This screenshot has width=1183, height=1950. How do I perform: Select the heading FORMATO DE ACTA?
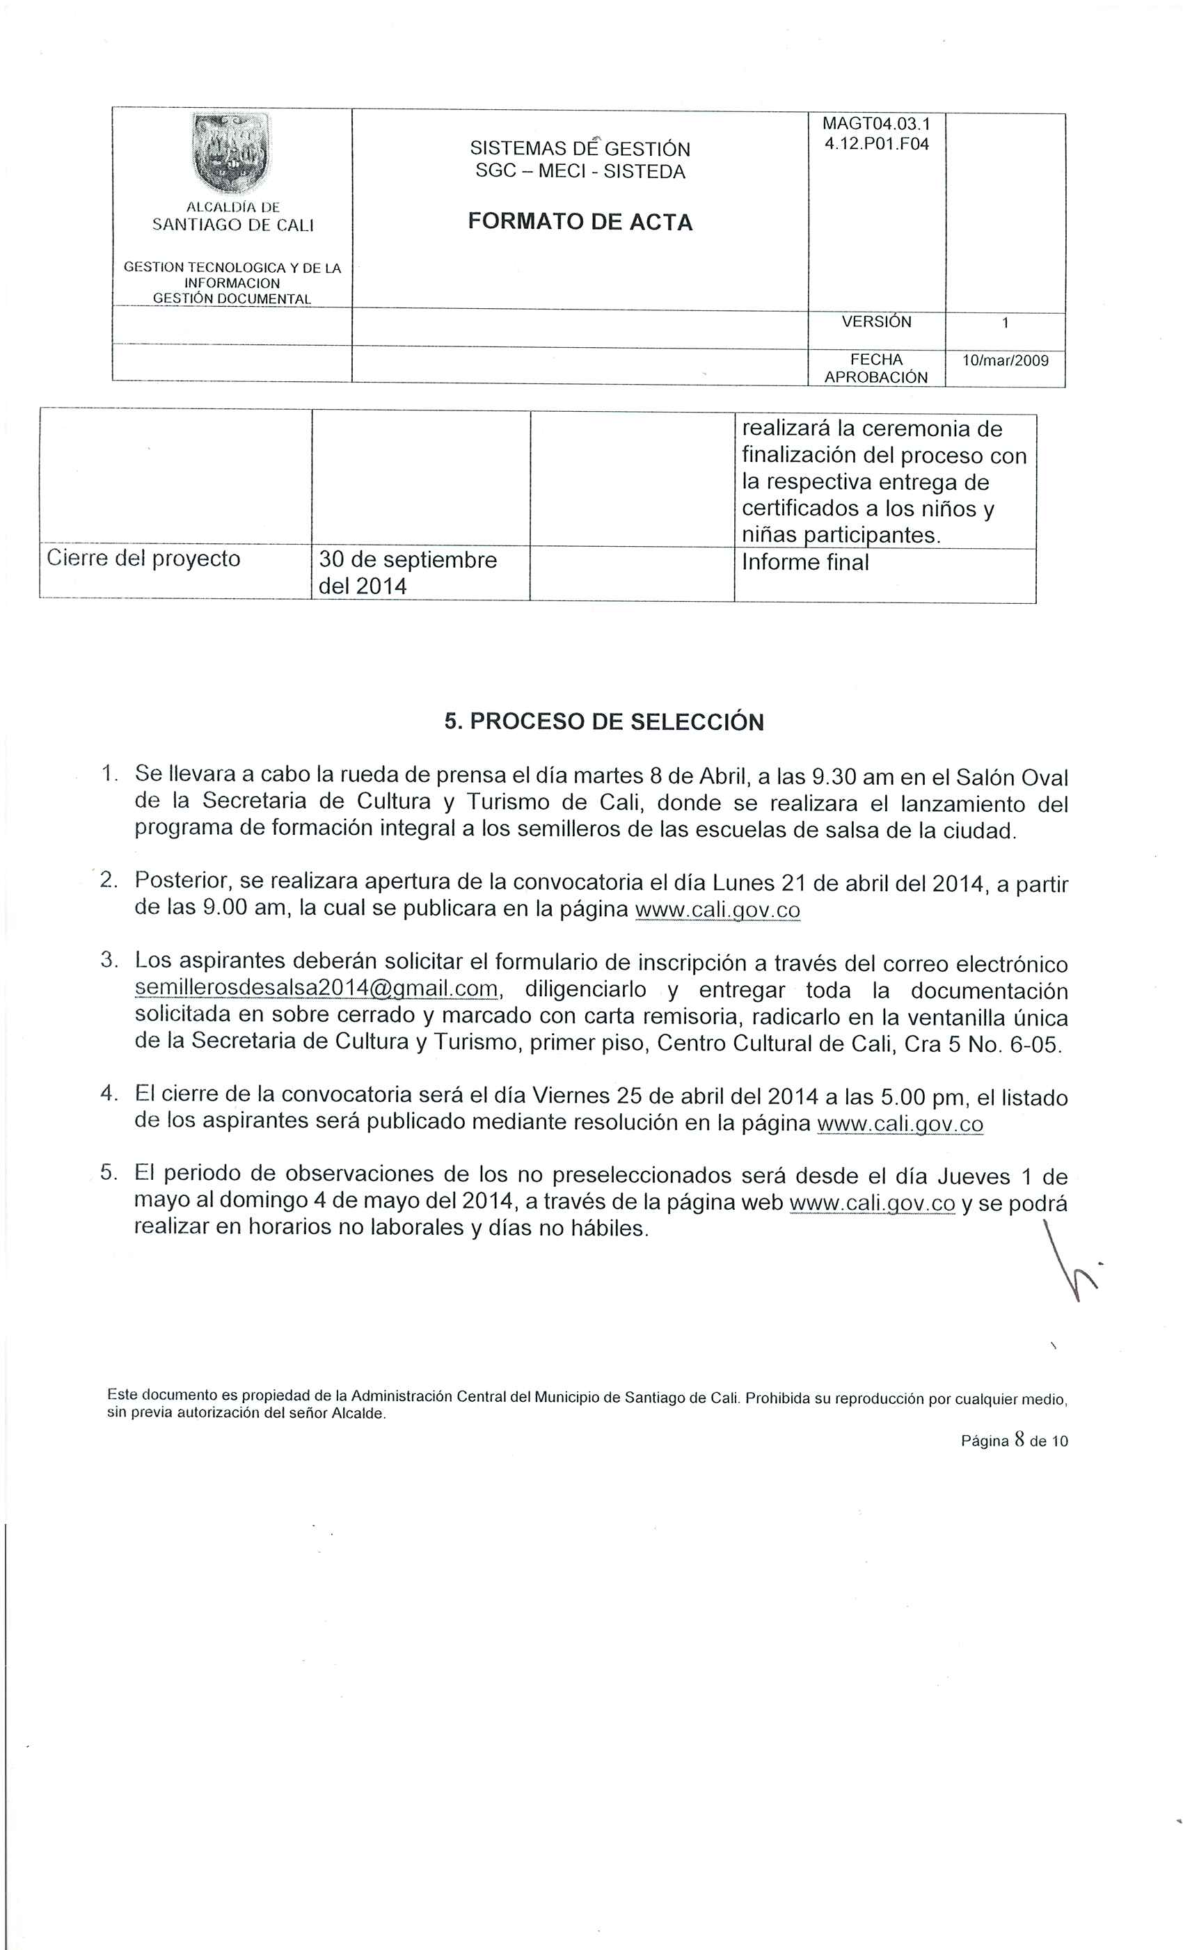tap(580, 223)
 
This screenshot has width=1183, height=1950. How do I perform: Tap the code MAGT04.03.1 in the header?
tap(876, 125)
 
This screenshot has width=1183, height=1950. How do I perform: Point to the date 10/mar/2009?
tap(1005, 361)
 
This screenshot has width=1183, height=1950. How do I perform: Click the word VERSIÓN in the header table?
tap(876, 322)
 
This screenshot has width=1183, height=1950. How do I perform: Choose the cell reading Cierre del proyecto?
tap(143, 559)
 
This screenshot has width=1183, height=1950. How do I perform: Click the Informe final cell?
tap(805, 563)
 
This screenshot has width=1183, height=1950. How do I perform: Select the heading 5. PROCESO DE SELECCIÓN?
tap(604, 721)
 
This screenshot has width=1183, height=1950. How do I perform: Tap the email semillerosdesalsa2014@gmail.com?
tap(316, 989)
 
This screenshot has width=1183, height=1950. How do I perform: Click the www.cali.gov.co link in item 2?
tap(717, 909)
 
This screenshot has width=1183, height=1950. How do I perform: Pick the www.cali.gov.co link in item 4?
tap(900, 1124)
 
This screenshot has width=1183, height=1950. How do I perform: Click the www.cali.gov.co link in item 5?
tap(873, 1203)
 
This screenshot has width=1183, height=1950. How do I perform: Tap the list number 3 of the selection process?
tap(109, 961)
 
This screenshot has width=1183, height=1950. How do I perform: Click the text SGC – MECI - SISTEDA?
tap(580, 172)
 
